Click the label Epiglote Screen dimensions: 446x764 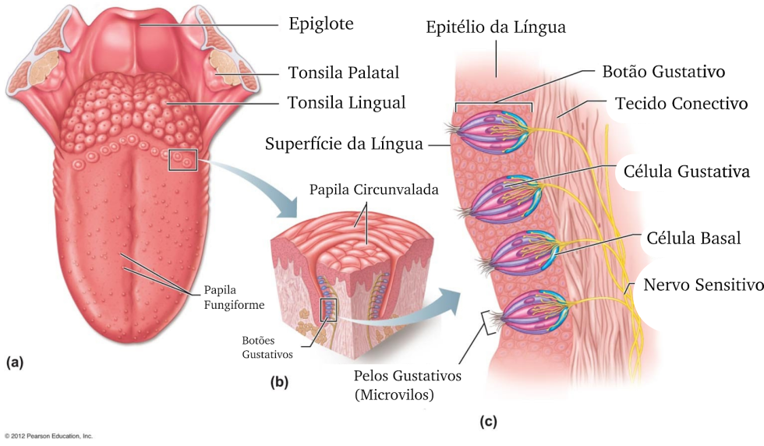321,24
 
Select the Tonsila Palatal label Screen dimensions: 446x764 343,73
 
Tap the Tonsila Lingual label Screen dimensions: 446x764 346,103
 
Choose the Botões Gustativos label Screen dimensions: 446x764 267,348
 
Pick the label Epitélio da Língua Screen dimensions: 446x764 496,27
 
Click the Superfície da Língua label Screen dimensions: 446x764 344,144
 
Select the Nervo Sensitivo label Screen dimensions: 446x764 700,285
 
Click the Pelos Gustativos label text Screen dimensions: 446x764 407,377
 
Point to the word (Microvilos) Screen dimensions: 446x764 394,395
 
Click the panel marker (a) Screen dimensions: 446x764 15,362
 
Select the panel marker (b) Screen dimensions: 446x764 278,382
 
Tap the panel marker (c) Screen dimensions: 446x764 487,423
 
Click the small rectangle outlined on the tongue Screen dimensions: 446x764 184,159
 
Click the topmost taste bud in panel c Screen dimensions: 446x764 492,128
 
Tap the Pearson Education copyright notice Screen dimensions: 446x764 48,436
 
